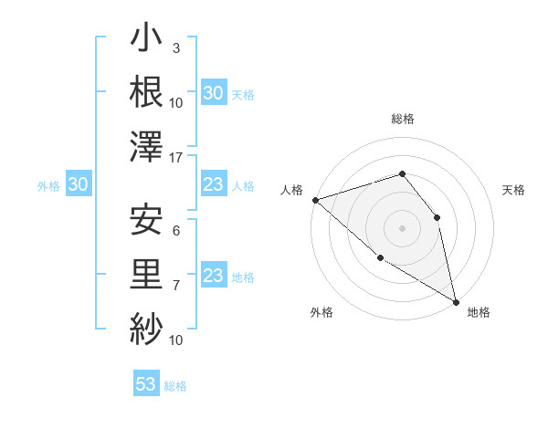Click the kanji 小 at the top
(x=146, y=41)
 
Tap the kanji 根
(x=146, y=92)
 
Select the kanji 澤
(x=146, y=146)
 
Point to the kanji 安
(x=146, y=219)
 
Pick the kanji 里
(x=146, y=273)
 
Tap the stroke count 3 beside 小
(x=175, y=48)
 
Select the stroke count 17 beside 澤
(x=177, y=158)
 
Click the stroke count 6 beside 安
(x=175, y=232)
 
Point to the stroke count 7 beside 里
(x=175, y=286)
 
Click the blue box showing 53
(x=146, y=384)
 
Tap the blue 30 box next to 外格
(x=79, y=185)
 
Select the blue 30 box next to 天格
(x=214, y=93)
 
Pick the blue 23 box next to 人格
(x=214, y=185)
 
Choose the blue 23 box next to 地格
(x=214, y=276)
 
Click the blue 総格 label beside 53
(x=175, y=386)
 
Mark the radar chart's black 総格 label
(x=402, y=119)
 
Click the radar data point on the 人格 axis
(x=315, y=200)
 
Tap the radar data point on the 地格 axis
(x=456, y=301)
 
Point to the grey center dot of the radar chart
(x=402, y=227)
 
